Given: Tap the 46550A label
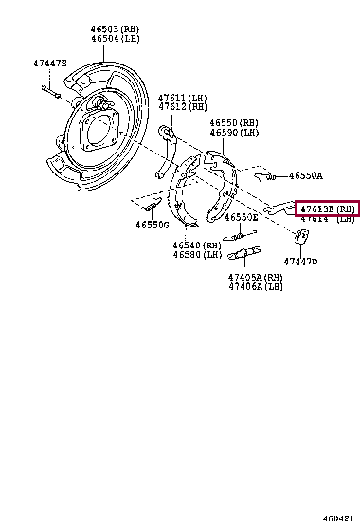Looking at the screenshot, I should click(305, 175).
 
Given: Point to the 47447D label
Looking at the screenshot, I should click(301, 262).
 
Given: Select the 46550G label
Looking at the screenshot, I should click(152, 226).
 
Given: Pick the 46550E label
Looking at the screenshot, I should click(243, 217).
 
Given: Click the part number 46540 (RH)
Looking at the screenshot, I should click(196, 245).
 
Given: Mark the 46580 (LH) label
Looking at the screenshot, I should click(196, 255).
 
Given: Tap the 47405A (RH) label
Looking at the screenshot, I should click(255, 277).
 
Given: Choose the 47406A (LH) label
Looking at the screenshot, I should click(255, 286).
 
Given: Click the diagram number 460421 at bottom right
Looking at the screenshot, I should click(337, 518).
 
